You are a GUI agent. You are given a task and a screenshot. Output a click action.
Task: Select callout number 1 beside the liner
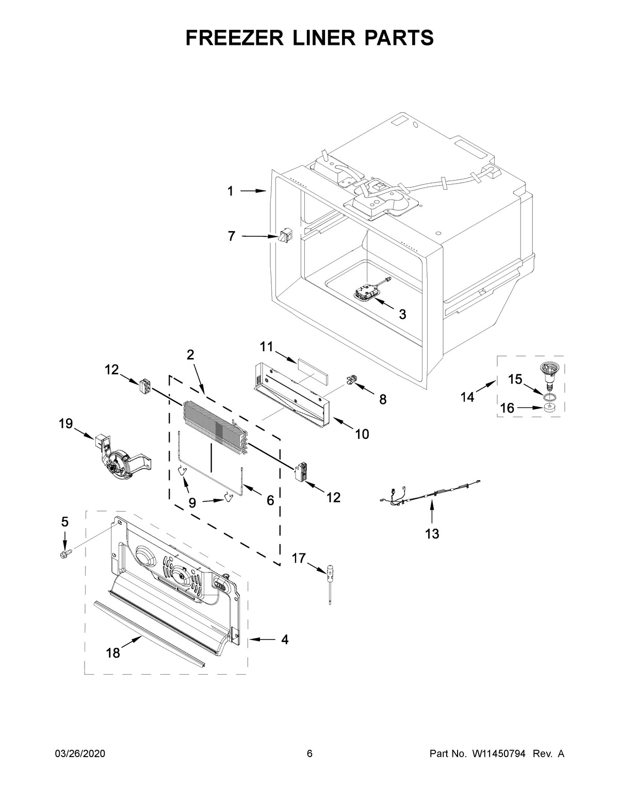pyautogui.click(x=231, y=191)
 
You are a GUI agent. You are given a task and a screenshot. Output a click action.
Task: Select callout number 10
pyautogui.click(x=362, y=434)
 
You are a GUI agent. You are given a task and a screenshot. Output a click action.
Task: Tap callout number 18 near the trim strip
pyautogui.click(x=112, y=653)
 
